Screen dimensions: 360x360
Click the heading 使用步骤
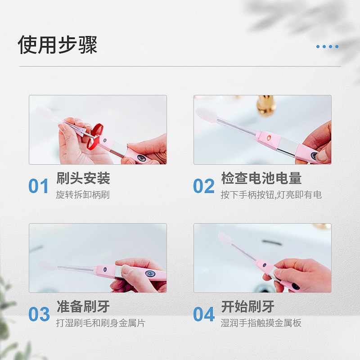pyautogui.click(x=58, y=45)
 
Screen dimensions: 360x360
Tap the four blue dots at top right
pyautogui.click(x=327, y=46)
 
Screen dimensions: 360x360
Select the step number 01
pyautogui.click(x=38, y=186)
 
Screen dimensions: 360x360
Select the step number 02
pyautogui.click(x=204, y=186)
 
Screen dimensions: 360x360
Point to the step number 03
pyautogui.click(x=39, y=315)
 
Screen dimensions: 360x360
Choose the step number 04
pyautogui.click(x=204, y=315)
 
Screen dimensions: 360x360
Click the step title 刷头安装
pyautogui.click(x=83, y=178)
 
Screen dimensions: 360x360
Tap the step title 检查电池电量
pyautogui.click(x=261, y=178)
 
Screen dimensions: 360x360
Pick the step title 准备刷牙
pyautogui.click(x=83, y=307)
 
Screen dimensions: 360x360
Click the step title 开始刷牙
pyautogui.click(x=247, y=307)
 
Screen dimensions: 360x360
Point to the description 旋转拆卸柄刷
pyautogui.click(x=83, y=195)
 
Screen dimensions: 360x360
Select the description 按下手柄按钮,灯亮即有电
pyautogui.click(x=271, y=195)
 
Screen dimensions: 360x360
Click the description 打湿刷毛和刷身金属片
pyautogui.click(x=100, y=323)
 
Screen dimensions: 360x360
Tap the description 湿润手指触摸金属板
pyautogui.click(x=261, y=323)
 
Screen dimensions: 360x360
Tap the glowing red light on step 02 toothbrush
pyautogui.click(x=268, y=136)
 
